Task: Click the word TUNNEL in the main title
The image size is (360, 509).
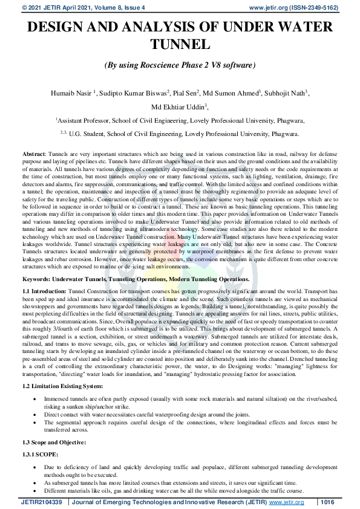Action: (x=180, y=45)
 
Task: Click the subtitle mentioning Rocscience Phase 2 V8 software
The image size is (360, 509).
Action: (x=180, y=65)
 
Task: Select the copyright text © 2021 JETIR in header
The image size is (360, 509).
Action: (x=36, y=7)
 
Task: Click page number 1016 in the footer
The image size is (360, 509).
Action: (x=327, y=502)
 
